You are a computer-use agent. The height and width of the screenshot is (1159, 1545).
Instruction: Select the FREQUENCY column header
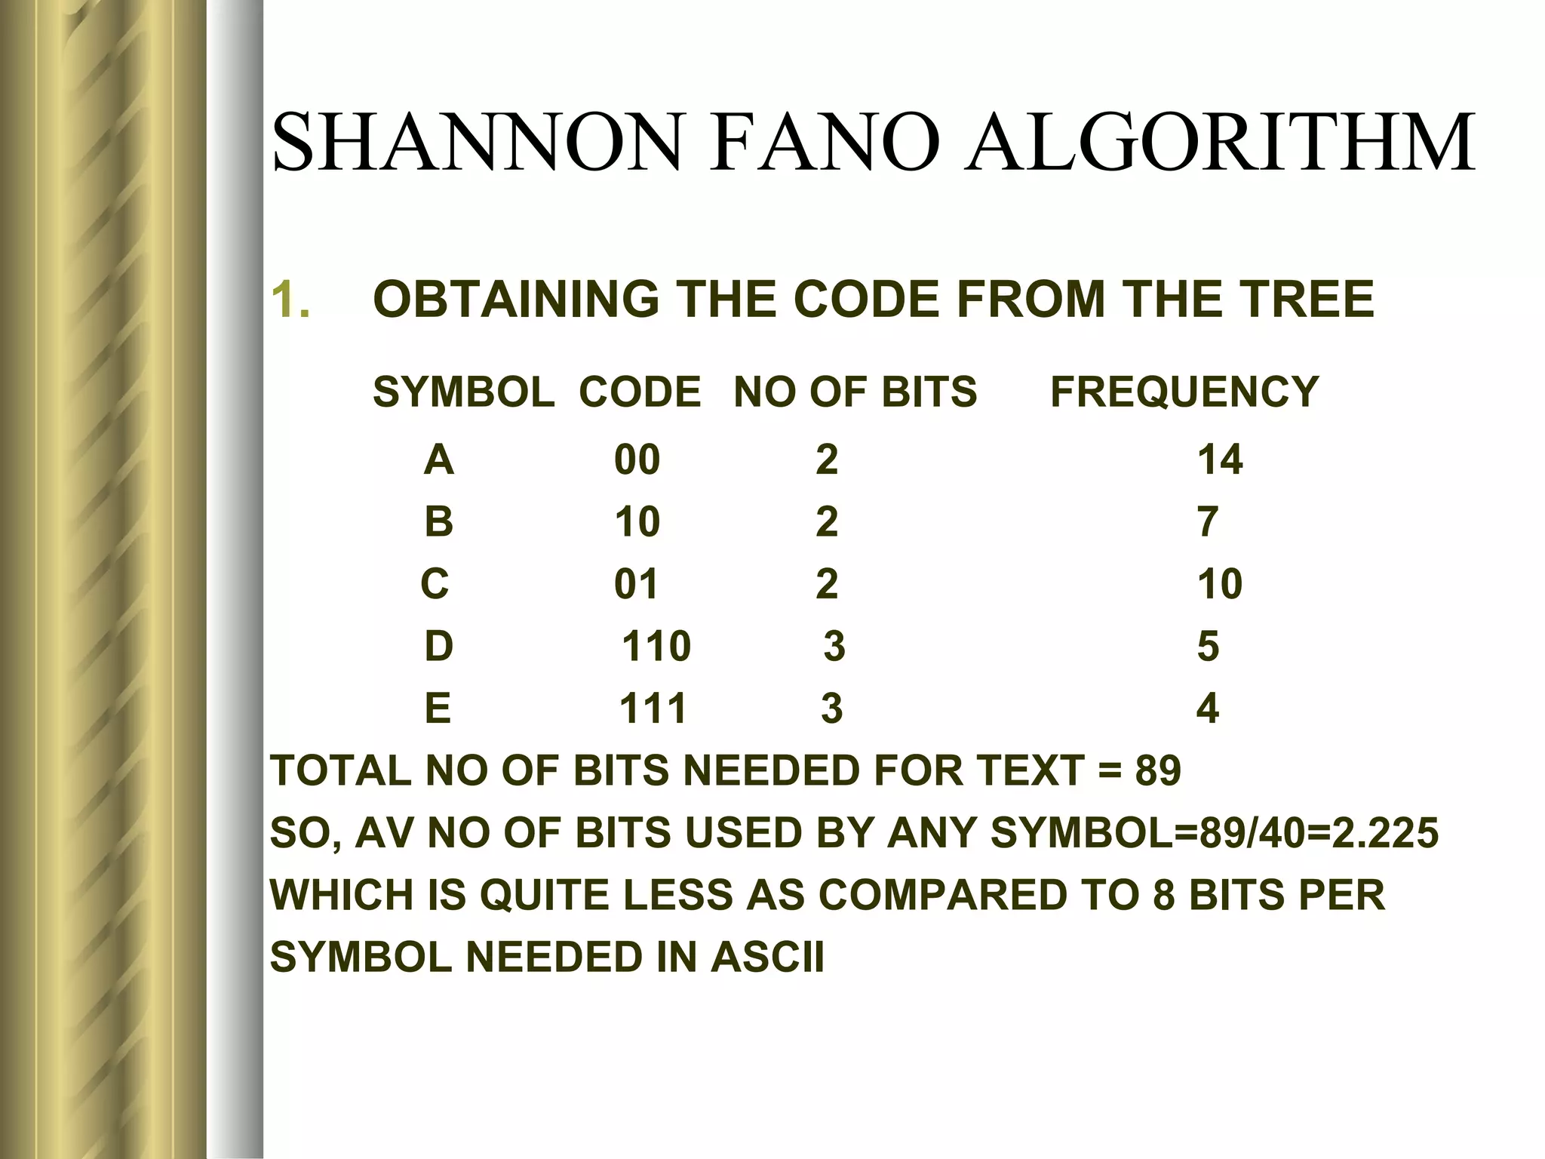[1184, 392]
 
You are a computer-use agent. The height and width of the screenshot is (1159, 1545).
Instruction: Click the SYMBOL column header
[463, 392]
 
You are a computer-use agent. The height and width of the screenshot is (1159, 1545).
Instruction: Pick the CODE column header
[640, 392]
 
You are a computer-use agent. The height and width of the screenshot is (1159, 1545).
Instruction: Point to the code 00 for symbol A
[637, 460]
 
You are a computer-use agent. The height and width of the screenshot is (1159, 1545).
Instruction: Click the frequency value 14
[1219, 460]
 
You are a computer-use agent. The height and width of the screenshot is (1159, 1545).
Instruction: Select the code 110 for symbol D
[656, 647]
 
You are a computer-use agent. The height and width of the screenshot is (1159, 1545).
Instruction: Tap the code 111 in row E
[653, 709]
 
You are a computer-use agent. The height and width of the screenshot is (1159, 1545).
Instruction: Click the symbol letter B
[438, 522]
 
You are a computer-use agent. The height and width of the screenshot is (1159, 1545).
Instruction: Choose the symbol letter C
[435, 584]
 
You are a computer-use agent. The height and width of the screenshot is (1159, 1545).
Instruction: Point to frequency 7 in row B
[1207, 522]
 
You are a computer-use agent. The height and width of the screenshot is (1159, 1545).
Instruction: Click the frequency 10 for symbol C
[1219, 584]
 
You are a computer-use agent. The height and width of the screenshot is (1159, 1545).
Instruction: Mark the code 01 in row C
[636, 584]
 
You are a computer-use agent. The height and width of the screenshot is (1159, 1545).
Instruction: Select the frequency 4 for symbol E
[1207, 709]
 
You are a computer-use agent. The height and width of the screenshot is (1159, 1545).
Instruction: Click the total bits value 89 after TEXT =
[1157, 771]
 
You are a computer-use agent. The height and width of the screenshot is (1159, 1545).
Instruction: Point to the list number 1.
[290, 300]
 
